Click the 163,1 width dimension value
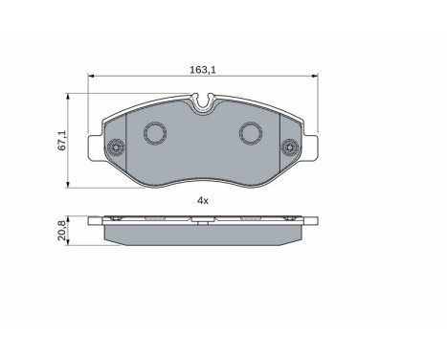[x=201, y=69]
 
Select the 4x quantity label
[x=202, y=200]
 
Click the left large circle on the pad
[x=153, y=134]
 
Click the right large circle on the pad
[x=251, y=134]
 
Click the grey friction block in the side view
[x=202, y=233]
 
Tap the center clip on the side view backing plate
[x=202, y=219]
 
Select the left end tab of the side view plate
[x=94, y=220]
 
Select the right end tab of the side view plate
[x=311, y=220]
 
